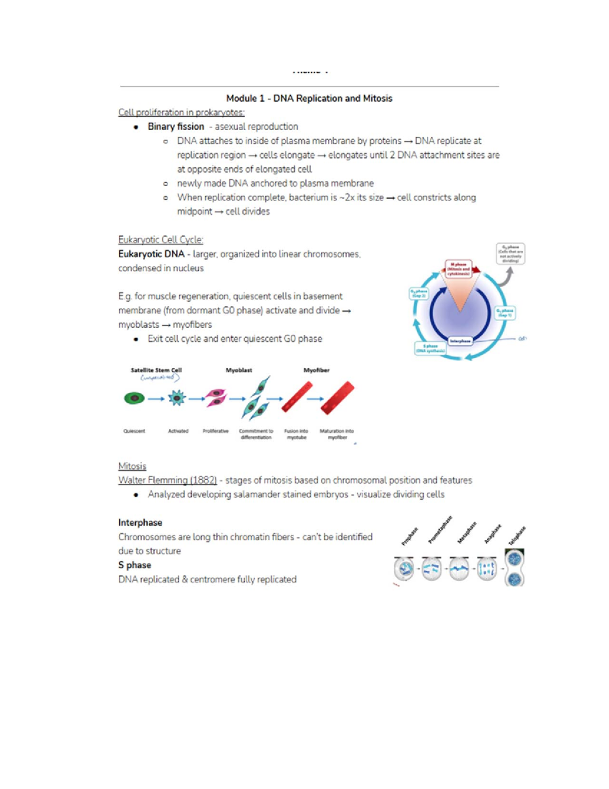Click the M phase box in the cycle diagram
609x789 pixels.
click(x=459, y=268)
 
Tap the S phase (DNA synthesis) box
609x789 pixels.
click(x=430, y=348)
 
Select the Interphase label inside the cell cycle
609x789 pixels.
click(x=460, y=341)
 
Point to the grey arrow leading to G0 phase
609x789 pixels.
click(x=505, y=277)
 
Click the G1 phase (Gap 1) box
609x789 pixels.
click(x=505, y=312)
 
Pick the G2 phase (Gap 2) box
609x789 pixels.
click(x=419, y=294)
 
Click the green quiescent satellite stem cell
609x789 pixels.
click(x=134, y=398)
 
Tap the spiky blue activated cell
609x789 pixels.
click(x=177, y=398)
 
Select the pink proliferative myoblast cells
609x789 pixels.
click(x=216, y=397)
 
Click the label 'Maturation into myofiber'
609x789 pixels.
click(x=336, y=434)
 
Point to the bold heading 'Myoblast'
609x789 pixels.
click(x=239, y=370)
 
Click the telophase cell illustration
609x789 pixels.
click(x=515, y=568)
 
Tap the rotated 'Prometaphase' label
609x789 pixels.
click(x=439, y=529)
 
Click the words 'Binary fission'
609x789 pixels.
click(x=176, y=127)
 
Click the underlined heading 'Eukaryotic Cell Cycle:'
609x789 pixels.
click(x=160, y=240)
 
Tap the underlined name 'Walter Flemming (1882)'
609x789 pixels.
click(x=167, y=480)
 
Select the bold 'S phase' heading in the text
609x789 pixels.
click(x=134, y=565)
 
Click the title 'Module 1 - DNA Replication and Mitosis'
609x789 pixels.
click(x=309, y=99)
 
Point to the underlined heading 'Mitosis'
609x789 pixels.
click(x=132, y=466)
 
